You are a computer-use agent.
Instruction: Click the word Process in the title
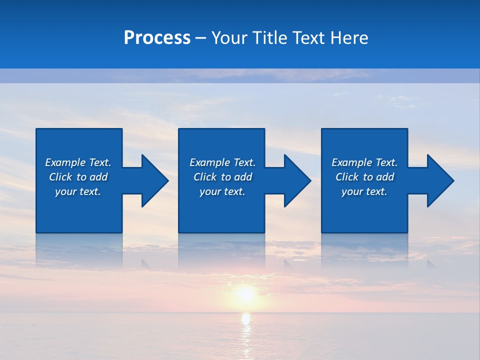point(157,38)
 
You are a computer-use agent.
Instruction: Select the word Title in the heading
point(268,38)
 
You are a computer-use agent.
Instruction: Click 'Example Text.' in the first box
point(78,162)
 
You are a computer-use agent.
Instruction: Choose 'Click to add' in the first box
point(78,177)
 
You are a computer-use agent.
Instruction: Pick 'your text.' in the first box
point(78,191)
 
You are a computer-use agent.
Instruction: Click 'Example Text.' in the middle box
point(222,162)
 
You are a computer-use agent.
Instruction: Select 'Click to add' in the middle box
point(222,177)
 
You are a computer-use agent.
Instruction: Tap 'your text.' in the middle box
point(222,191)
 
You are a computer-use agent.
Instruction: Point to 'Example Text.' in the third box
point(364,162)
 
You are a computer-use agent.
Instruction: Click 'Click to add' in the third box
point(364,177)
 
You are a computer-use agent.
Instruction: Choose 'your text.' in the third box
point(364,191)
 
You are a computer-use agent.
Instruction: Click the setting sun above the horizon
point(245,293)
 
